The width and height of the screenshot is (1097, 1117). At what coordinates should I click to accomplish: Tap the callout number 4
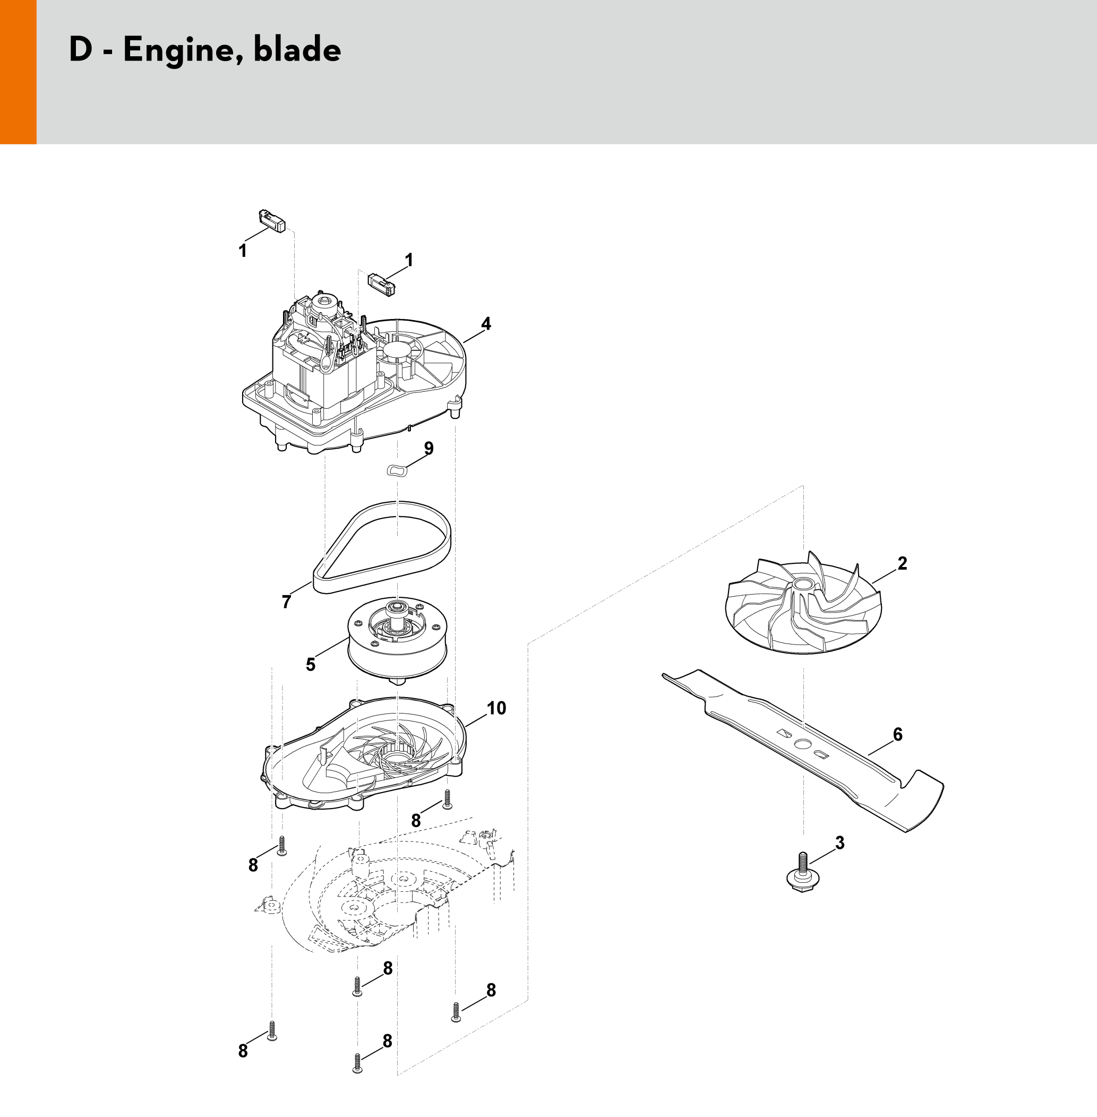(486, 324)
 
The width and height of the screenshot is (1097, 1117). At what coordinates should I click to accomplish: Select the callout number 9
(428, 448)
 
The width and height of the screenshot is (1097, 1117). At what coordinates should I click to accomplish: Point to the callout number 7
(286, 602)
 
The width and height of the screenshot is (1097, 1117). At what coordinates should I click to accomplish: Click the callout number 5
(311, 665)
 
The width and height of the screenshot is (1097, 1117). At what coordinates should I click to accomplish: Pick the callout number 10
(496, 708)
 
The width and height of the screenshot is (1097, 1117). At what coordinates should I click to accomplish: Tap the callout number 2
(902, 563)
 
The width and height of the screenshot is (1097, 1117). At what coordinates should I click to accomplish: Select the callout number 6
(898, 734)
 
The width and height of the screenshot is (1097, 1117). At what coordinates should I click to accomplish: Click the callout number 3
(840, 843)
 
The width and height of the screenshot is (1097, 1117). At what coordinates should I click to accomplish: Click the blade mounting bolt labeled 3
(803, 872)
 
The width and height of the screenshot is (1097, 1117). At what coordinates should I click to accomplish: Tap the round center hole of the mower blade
(802, 744)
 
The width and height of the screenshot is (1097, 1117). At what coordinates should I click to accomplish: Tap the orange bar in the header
(18, 72)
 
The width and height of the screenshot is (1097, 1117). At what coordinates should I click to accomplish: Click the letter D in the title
(81, 49)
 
